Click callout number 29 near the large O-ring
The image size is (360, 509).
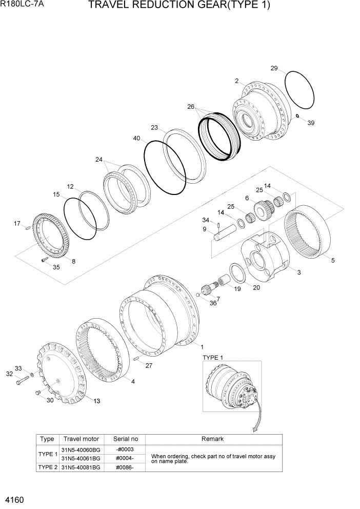(x=274, y=68)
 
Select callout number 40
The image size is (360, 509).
(x=136, y=138)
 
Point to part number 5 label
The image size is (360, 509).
(x=333, y=261)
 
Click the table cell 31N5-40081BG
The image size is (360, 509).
(x=81, y=467)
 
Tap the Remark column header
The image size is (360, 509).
(x=212, y=439)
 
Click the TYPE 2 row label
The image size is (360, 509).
(x=47, y=467)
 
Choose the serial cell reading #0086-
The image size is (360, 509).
(x=125, y=467)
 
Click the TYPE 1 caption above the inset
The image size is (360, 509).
(x=213, y=357)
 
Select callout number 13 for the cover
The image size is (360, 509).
(x=96, y=401)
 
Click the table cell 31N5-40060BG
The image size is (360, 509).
(x=81, y=449)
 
